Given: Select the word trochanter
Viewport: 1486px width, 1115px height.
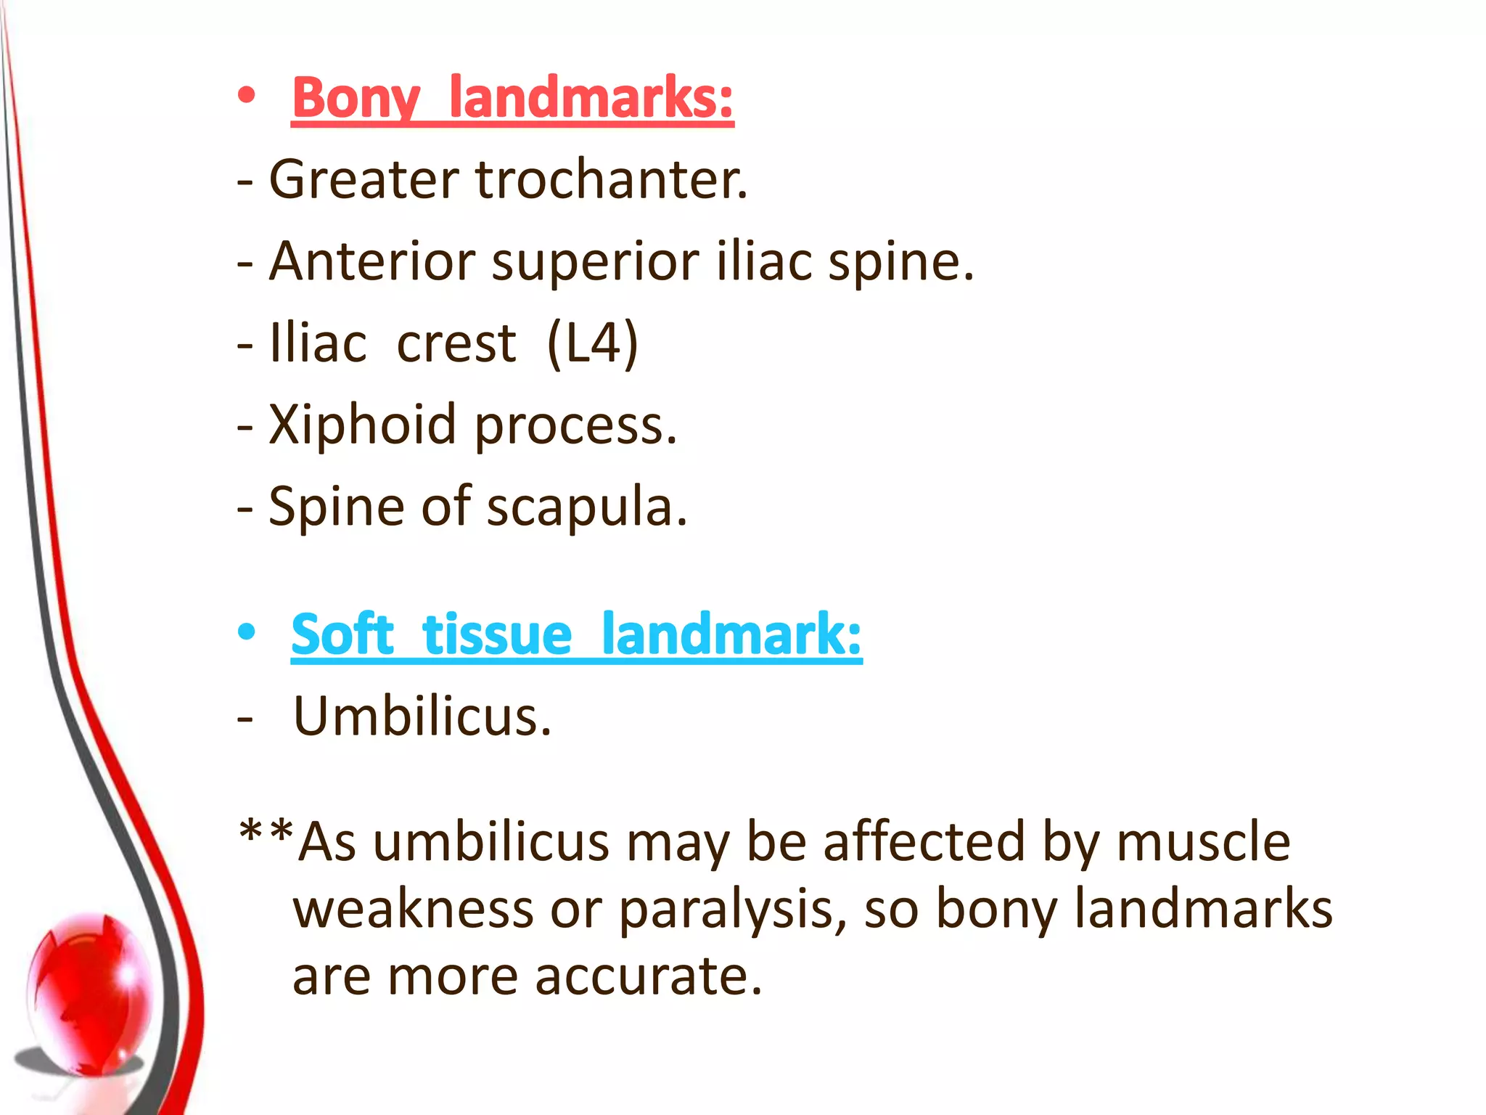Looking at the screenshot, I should pyautogui.click(x=611, y=179).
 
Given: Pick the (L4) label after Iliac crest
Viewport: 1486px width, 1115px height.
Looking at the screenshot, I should pyautogui.click(x=593, y=343).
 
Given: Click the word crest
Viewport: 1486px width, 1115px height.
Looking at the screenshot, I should pyautogui.click(x=456, y=343).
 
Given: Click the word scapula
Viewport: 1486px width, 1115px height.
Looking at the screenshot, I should pyautogui.click(x=586, y=507).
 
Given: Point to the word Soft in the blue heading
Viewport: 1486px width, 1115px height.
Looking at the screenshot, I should pyautogui.click(x=342, y=634).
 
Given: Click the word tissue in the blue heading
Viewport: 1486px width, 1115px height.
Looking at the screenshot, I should pyautogui.click(x=497, y=634).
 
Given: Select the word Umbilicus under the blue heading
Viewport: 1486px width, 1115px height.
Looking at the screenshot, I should pyautogui.click(x=422, y=716).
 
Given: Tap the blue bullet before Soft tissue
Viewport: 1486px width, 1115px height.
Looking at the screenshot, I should pyautogui.click(x=247, y=632).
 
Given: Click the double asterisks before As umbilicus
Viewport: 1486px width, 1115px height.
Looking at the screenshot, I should pyautogui.click(x=266, y=831).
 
